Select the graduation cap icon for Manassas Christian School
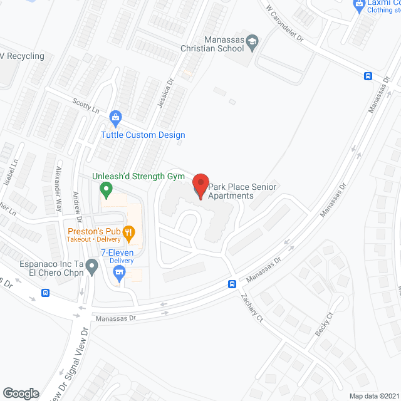click(x=252, y=41)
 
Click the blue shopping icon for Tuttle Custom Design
click(x=115, y=117)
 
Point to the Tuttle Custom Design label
click(x=143, y=135)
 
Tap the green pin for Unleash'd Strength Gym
click(x=107, y=188)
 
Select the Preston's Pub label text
click(x=95, y=231)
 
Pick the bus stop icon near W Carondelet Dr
click(x=368, y=76)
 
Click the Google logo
click(x=21, y=393)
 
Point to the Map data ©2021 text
click(x=373, y=396)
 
